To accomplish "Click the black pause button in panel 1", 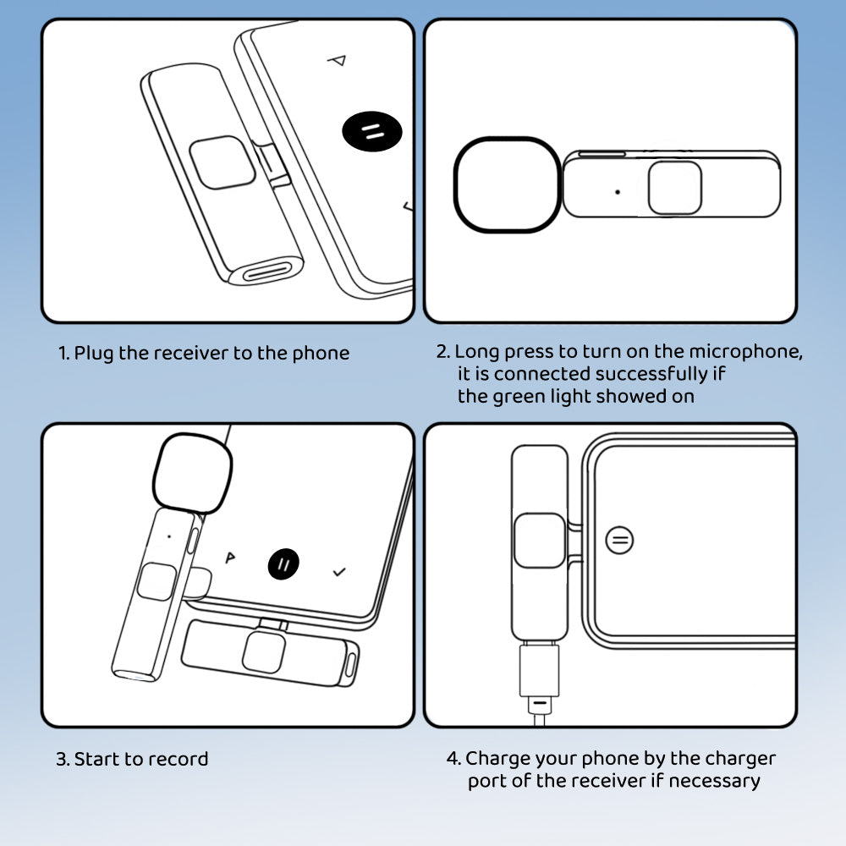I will click(x=372, y=132).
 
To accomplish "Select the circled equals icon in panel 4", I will click(x=620, y=539).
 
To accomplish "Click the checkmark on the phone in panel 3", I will click(x=339, y=573).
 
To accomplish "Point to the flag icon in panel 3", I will click(x=228, y=558).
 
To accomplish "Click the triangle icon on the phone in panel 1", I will click(x=337, y=60).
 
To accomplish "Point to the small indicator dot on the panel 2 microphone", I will click(x=617, y=192).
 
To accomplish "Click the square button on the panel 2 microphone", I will click(x=674, y=188).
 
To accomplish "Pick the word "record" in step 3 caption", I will click(x=181, y=759).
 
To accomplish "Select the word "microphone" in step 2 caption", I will click(x=745, y=351).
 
